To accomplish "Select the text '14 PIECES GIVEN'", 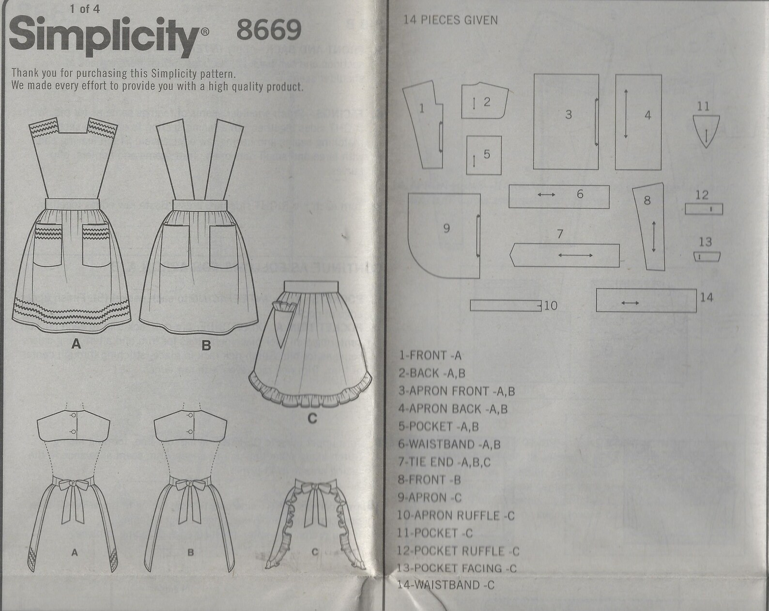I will [450, 20].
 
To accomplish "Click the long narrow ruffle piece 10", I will [505, 305].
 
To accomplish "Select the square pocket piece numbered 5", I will [483, 154].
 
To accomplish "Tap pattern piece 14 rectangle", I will [646, 301].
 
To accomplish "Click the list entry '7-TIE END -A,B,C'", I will [444, 462].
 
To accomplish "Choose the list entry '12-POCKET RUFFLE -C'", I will [458, 551].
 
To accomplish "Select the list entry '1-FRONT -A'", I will [430, 355].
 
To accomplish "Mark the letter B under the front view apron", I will [206, 346].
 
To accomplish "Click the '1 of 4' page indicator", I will [84, 9].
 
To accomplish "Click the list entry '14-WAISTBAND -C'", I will [446, 585].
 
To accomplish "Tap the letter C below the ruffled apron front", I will [312, 418].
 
